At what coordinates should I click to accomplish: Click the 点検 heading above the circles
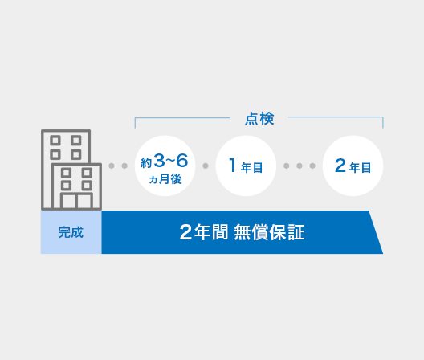(x=259, y=119)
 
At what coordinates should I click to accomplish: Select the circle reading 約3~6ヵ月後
(x=165, y=166)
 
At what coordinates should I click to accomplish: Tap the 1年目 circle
(x=246, y=166)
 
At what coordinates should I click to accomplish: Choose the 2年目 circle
(x=353, y=166)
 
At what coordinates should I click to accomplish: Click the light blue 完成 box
(x=71, y=232)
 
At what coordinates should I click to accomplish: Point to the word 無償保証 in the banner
(x=269, y=232)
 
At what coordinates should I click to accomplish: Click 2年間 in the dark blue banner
(x=204, y=232)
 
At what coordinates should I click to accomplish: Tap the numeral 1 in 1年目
(x=232, y=165)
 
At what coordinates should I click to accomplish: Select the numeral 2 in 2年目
(x=340, y=165)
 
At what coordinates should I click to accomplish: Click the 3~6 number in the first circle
(x=171, y=161)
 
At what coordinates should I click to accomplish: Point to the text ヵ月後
(x=165, y=179)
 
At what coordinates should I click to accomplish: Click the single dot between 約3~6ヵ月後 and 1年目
(x=206, y=166)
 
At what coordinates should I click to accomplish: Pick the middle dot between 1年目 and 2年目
(x=300, y=166)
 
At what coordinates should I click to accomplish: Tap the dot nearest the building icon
(x=112, y=166)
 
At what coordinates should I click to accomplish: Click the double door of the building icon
(x=76, y=201)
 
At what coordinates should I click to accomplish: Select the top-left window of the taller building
(x=55, y=141)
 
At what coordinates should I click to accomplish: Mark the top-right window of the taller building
(x=76, y=141)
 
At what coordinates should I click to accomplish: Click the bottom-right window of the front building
(x=87, y=186)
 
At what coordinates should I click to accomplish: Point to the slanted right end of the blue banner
(x=376, y=232)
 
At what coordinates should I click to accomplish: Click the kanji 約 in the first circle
(x=146, y=163)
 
